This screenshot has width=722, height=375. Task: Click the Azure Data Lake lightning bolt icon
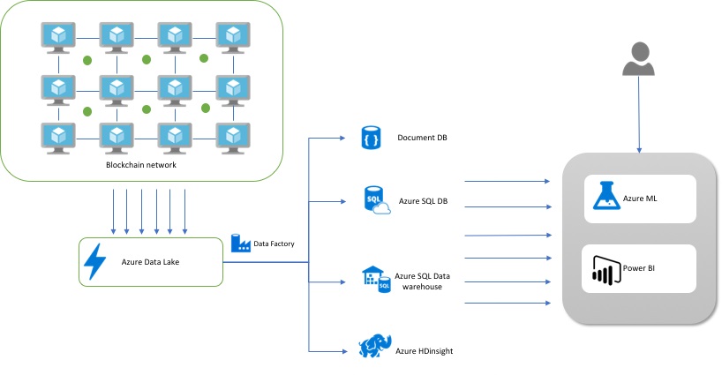point(94,261)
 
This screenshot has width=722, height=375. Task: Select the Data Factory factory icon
point(239,243)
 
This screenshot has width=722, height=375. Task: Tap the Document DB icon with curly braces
point(370,138)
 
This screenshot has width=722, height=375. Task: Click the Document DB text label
point(422,138)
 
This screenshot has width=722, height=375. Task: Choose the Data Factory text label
point(275,244)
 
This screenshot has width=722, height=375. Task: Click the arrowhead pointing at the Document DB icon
point(344,139)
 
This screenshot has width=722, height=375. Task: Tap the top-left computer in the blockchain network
point(59,36)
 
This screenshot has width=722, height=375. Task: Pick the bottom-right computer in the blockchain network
point(232,137)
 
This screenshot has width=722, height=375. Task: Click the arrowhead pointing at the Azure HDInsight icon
point(344,350)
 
